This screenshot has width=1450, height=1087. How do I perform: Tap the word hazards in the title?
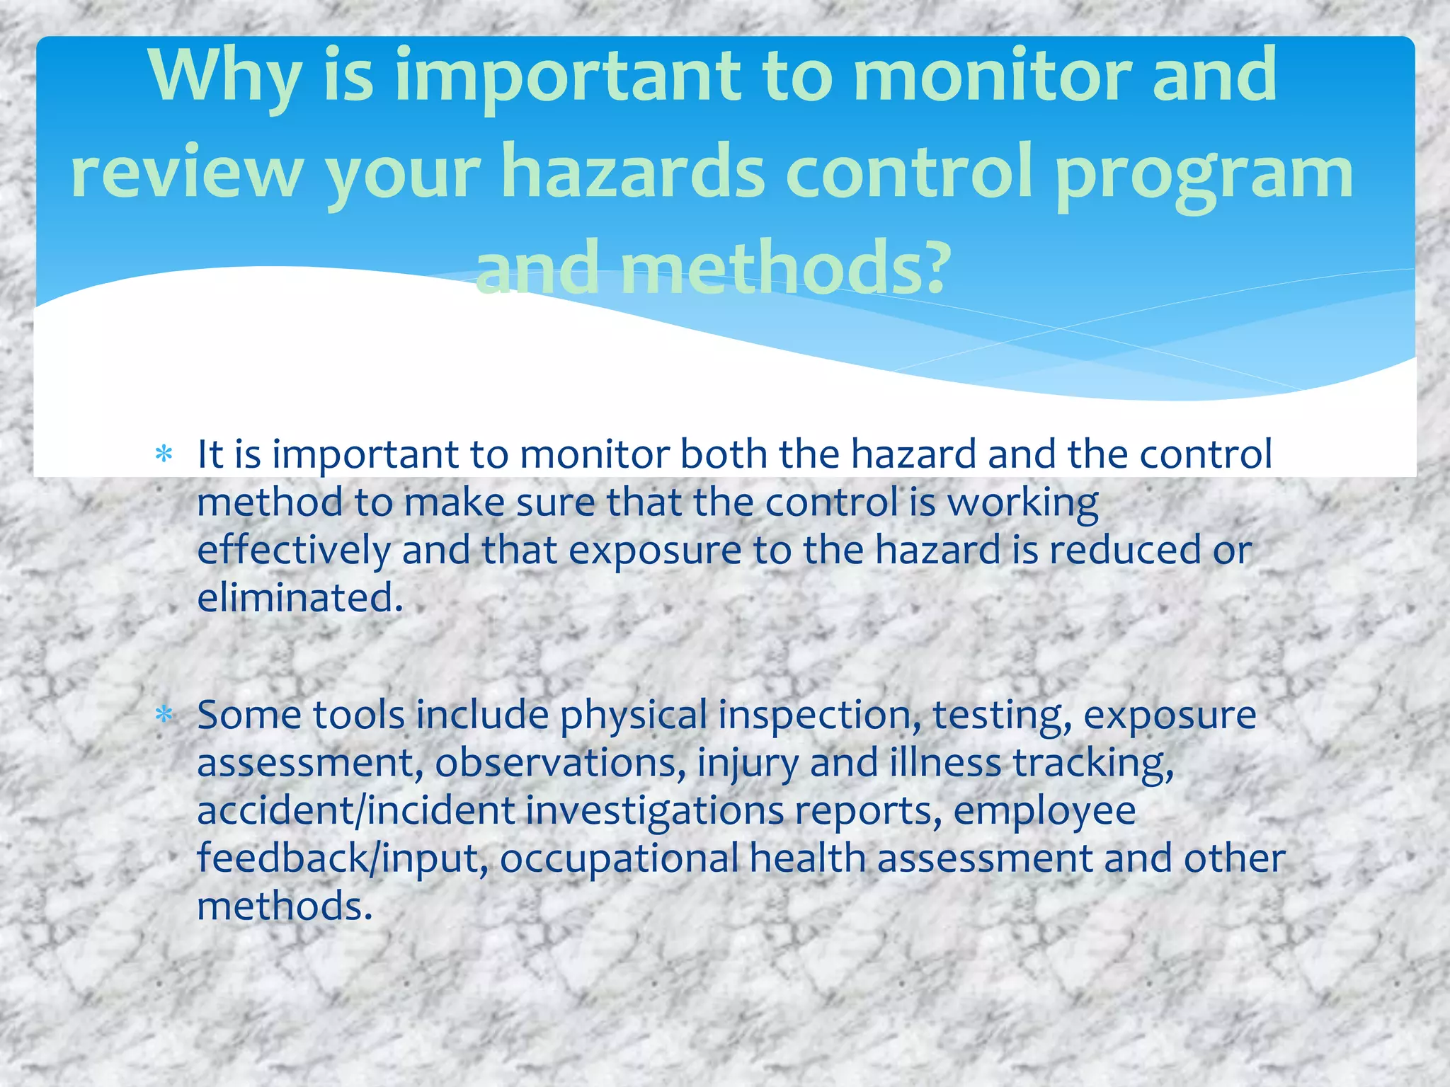[x=633, y=173]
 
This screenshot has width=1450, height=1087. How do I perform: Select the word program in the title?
[x=1204, y=173]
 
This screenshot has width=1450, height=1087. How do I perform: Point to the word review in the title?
[x=187, y=173]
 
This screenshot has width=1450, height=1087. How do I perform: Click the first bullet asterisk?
[x=164, y=454]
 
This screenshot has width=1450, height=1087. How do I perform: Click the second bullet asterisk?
[x=164, y=715]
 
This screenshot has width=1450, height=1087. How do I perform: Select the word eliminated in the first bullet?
[x=299, y=598]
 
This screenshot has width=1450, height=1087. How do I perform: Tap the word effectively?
[x=294, y=550]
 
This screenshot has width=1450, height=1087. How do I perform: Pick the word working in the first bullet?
[x=1023, y=502]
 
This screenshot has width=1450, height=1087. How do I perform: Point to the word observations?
[x=559, y=763]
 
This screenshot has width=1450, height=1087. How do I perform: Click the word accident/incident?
[x=355, y=810]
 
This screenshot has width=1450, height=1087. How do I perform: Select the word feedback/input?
[x=343, y=858]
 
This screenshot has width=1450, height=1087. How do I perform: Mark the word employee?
[x=1044, y=810]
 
